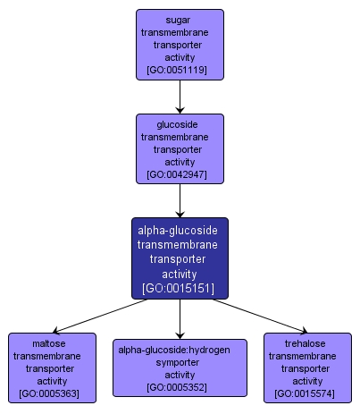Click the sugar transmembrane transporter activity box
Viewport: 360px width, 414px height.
coord(180,44)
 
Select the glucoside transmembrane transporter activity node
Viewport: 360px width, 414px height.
coord(180,148)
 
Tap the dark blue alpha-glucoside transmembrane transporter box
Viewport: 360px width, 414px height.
coord(180,258)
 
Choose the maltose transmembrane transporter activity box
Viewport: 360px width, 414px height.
coord(53,367)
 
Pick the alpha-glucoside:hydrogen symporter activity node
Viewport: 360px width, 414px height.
coord(180,367)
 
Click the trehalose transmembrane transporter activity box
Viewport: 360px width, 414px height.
coord(307,367)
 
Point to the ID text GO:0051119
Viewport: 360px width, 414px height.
coord(180,70)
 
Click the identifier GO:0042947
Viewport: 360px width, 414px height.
coord(180,174)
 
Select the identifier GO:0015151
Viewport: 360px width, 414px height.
coord(180,290)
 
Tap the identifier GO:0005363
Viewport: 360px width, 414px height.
coord(53,393)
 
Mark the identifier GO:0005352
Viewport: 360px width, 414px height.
coord(180,387)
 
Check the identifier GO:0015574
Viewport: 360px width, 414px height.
coord(307,393)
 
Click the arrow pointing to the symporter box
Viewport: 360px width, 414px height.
coord(180,319)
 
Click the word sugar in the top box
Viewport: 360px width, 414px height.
coord(180,18)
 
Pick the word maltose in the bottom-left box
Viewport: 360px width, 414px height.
coord(53,342)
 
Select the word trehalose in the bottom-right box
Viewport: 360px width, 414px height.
coord(307,342)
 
